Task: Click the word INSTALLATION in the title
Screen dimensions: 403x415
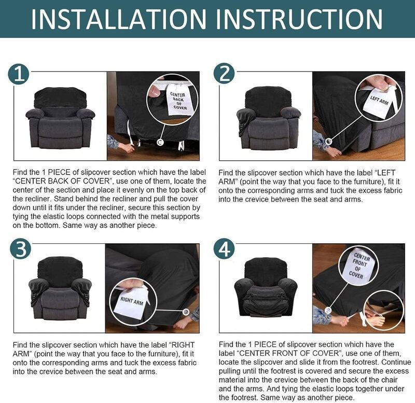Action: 117,19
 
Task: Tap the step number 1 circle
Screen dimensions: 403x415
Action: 19,74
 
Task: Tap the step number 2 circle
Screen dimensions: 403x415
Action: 224,74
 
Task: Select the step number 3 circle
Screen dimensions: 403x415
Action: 19,249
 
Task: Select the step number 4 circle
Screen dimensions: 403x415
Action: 224,249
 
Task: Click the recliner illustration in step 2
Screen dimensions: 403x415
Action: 267,119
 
